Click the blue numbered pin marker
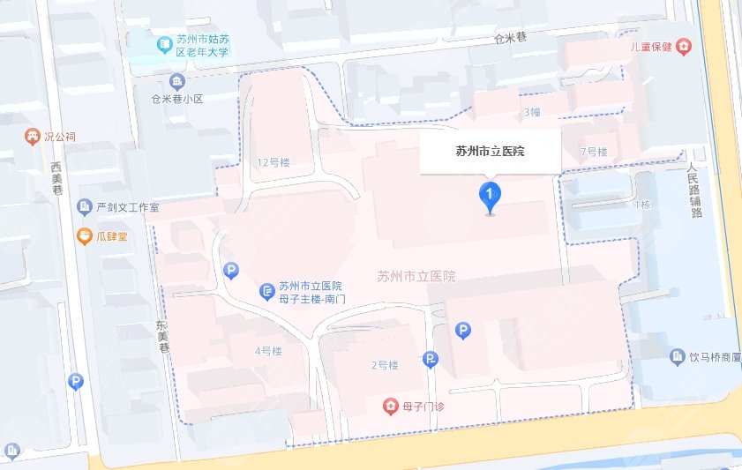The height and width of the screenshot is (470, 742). pyautogui.click(x=490, y=194)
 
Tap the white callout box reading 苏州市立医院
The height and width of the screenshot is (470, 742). pyautogui.click(x=490, y=152)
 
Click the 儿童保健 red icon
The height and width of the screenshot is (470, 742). pyautogui.click(x=683, y=47)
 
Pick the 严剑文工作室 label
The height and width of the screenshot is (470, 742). pyautogui.click(x=129, y=207)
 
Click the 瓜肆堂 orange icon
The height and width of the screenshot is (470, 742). pyautogui.click(x=84, y=235)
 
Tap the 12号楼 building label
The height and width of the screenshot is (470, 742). pyautogui.click(x=273, y=162)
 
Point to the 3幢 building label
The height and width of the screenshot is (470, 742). pyautogui.click(x=532, y=112)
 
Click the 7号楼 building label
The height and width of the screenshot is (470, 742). pyautogui.click(x=594, y=152)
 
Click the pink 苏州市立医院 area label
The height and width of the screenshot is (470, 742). pyautogui.click(x=416, y=276)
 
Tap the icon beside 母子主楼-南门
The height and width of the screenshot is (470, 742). pyautogui.click(x=266, y=291)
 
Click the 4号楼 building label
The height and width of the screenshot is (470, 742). pyautogui.click(x=267, y=351)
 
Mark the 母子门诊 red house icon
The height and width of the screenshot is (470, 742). pyautogui.click(x=389, y=406)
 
